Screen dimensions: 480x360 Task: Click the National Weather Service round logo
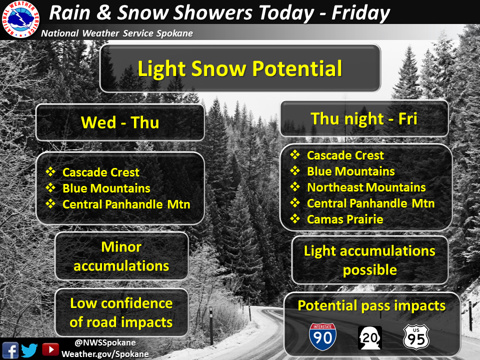20,19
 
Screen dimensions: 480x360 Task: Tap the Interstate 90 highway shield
322,336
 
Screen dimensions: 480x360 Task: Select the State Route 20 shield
370,337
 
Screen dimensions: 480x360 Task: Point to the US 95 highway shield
416,337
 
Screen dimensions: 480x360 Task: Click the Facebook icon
10,350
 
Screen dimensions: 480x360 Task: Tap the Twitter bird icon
29,350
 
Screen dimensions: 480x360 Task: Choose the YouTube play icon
50,349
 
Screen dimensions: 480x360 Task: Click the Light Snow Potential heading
239,68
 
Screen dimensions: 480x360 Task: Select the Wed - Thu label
120,122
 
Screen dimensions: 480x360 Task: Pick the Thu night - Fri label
363,119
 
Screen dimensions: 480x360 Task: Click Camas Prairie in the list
345,219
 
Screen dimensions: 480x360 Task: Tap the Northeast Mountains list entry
366,187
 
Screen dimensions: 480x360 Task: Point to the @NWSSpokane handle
105,342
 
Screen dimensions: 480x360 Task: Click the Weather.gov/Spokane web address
105,354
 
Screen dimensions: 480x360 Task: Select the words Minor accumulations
121,256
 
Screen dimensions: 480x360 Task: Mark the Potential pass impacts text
371,306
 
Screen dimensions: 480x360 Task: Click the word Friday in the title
360,13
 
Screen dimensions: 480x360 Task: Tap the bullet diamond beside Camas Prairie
295,218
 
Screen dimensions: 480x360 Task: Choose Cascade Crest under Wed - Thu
100,172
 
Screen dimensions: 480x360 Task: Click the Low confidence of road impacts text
121,312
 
